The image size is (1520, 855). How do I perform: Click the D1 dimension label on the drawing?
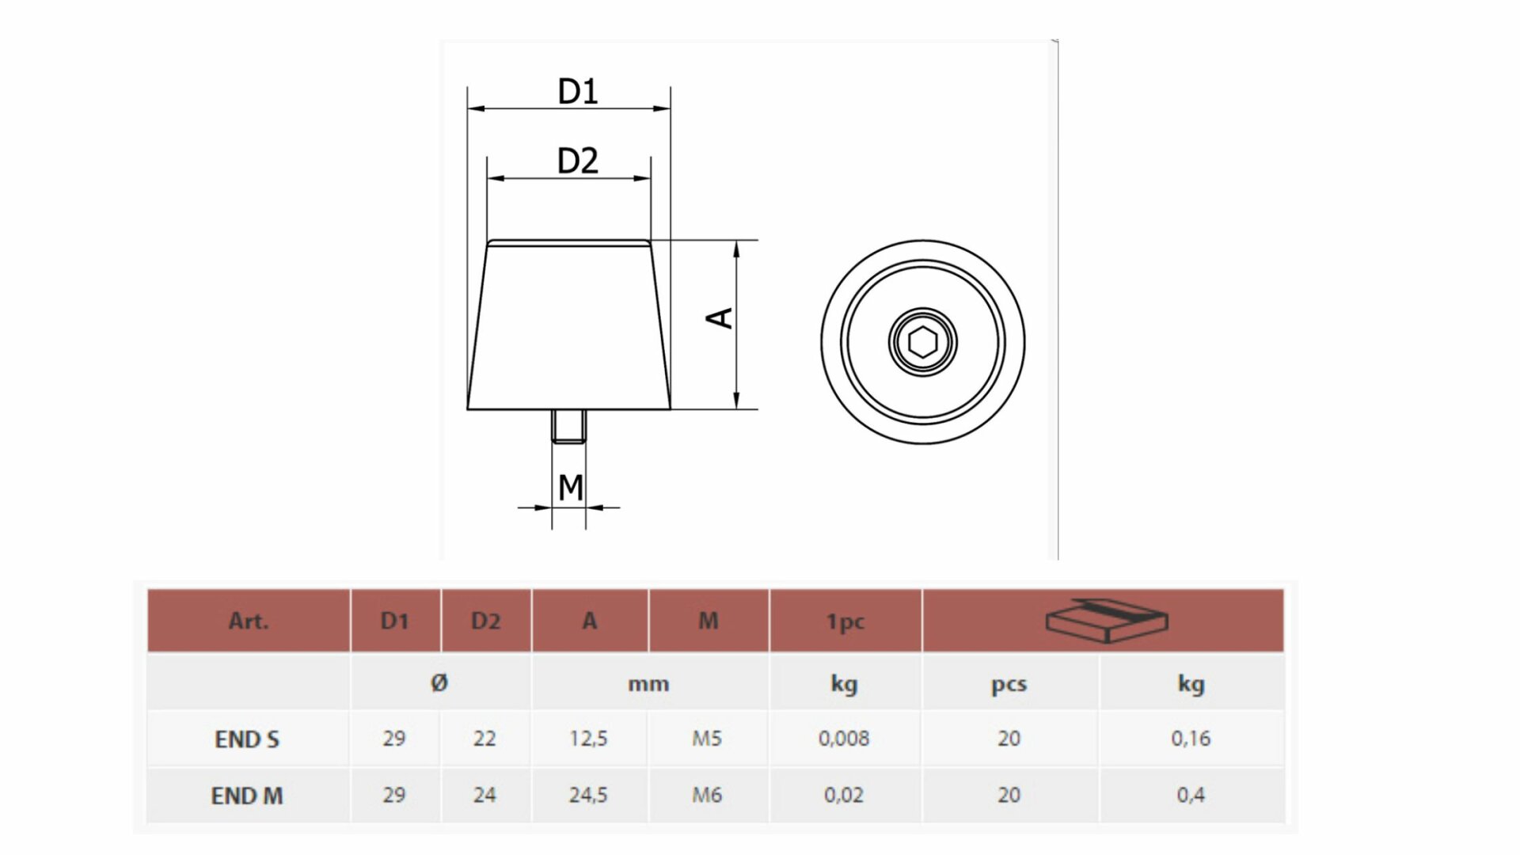tap(578, 92)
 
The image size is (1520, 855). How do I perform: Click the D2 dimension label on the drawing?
tap(578, 161)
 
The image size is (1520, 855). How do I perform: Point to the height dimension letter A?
tap(720, 318)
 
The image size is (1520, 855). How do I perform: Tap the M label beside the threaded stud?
tap(570, 488)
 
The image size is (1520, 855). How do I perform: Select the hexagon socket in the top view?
tap(922, 342)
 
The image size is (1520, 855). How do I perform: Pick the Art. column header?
tap(249, 621)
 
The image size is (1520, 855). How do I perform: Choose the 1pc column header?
tap(845, 621)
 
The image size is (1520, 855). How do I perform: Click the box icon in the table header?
tap(1106, 619)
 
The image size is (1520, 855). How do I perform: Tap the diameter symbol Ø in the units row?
tap(440, 682)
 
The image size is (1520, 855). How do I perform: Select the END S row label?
tap(247, 739)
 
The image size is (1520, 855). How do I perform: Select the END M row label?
tap(247, 796)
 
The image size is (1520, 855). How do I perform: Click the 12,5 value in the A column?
tap(588, 739)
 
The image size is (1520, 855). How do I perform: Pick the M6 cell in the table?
tap(707, 795)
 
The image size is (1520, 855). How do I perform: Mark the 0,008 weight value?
tap(844, 739)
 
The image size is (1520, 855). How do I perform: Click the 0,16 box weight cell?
tap(1191, 739)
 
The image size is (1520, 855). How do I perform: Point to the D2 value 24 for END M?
tap(484, 795)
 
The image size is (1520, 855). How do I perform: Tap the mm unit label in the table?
tap(648, 684)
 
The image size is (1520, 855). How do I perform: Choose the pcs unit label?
tap(1009, 684)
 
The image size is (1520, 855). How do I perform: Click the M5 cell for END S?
tap(707, 739)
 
